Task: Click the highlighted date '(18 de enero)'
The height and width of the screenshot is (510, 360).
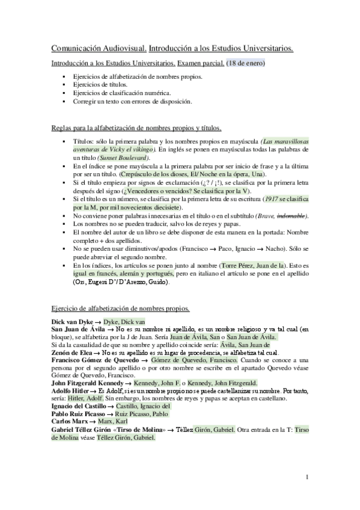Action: (246, 63)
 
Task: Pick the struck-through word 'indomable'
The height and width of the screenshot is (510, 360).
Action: (291, 215)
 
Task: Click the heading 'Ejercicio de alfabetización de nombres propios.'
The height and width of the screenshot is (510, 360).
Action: (121, 309)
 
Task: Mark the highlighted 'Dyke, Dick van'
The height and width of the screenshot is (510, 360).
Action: (124, 321)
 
